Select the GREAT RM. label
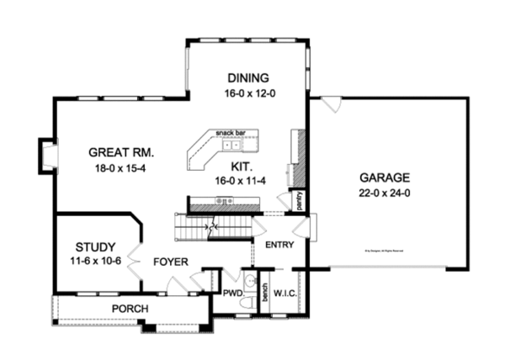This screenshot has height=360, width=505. pos(117,152)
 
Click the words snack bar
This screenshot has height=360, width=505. pos(230,133)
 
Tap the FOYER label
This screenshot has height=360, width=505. pos(170,262)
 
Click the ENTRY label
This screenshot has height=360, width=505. pos(278,245)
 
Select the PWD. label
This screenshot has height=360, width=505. pos(232,294)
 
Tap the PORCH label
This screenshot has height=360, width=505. pos(130,309)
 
